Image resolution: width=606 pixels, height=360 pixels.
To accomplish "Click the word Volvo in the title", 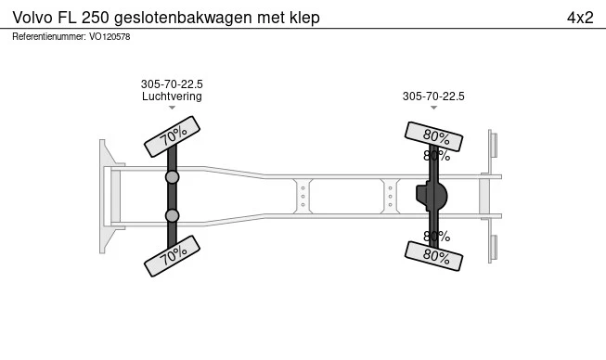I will pos(33,18).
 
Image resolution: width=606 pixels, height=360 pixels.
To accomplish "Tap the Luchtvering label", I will pos(172,96).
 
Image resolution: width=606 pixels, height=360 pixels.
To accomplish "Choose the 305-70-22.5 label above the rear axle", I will pos(433,96).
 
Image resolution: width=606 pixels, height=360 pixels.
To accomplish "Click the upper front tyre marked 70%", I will pos(173,136).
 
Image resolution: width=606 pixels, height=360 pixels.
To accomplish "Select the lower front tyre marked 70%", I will pos(173,255).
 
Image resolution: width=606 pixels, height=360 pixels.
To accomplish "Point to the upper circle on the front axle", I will pos(173,176).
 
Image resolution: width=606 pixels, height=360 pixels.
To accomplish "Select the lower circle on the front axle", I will pos(173,215).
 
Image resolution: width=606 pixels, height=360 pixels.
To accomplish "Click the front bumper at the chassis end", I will pos(106,196).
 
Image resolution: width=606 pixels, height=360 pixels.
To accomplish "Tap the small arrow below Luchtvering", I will pos(172,108).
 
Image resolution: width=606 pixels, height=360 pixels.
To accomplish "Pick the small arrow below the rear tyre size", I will pos(433,108).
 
